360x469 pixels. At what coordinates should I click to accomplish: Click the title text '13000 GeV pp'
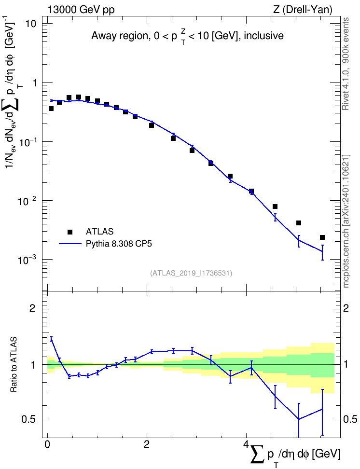[x=81, y=10]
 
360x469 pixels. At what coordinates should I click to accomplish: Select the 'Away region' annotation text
[x=120, y=36]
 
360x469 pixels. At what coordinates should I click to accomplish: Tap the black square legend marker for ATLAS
[x=70, y=232]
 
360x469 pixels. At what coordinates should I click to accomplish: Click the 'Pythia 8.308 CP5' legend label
[x=119, y=244]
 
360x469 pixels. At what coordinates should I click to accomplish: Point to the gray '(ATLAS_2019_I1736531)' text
[x=191, y=273]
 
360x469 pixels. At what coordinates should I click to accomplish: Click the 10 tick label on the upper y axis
[x=29, y=24]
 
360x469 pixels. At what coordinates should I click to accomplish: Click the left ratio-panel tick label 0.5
[x=29, y=420]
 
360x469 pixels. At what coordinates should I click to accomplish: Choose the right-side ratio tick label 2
[x=346, y=308]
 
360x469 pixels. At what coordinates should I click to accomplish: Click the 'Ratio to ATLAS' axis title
[x=14, y=364]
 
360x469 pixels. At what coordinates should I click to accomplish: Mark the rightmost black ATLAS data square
[x=322, y=237]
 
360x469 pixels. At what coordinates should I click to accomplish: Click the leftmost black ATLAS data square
[x=51, y=109]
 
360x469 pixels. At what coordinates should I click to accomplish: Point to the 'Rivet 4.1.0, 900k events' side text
[x=346, y=64]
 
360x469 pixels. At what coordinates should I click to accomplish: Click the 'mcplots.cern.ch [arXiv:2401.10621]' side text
[x=346, y=221]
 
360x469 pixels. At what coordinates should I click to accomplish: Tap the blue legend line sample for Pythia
[x=70, y=244]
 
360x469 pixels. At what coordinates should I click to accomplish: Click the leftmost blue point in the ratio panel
[x=51, y=339]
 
